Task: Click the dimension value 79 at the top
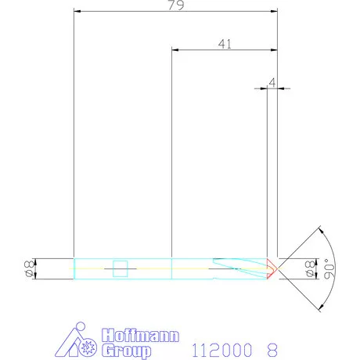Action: [x=175, y=6]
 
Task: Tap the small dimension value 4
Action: [x=272, y=81]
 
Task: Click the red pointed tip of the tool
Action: [x=272, y=268]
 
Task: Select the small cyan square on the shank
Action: [x=121, y=268]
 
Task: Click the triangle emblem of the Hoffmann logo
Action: [x=80, y=340]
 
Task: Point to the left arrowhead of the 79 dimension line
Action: [x=76, y=12]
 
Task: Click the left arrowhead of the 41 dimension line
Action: [x=175, y=49]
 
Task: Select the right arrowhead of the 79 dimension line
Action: [x=274, y=12]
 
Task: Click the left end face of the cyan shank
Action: [x=74, y=268]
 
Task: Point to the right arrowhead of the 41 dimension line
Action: [x=274, y=49]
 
